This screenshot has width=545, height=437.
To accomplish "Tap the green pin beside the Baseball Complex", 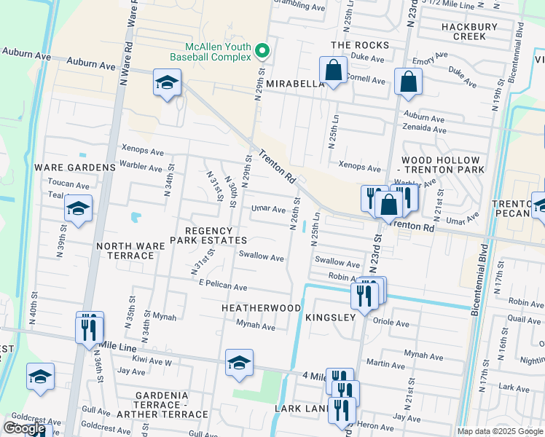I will point(263,50).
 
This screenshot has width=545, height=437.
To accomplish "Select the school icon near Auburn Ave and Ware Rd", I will point(167,83).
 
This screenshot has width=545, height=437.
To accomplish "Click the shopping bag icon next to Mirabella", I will point(334,71).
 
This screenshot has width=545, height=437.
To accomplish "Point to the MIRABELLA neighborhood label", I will point(294,84).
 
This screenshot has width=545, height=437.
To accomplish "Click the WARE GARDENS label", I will point(75,167).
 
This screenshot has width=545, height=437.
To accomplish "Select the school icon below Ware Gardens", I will point(78,209).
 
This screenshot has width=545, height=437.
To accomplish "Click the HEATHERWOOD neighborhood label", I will point(262,308).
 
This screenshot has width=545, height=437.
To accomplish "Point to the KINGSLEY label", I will point(330,318).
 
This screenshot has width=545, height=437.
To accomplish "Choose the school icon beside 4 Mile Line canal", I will point(239,363).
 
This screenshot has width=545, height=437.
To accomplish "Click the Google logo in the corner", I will point(24,428).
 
